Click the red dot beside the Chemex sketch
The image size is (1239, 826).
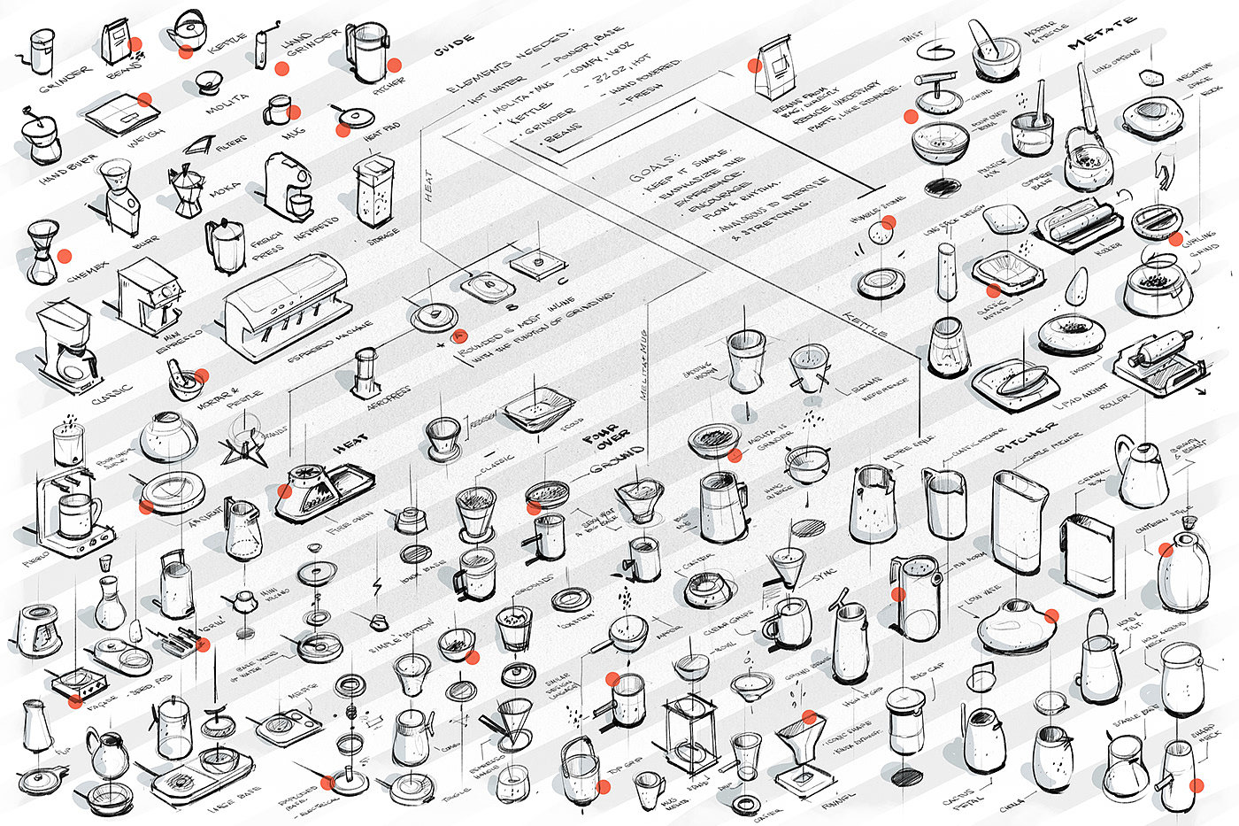click(64, 257)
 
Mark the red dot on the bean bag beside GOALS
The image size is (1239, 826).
click(755, 65)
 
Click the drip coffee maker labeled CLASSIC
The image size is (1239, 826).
click(65, 344)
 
